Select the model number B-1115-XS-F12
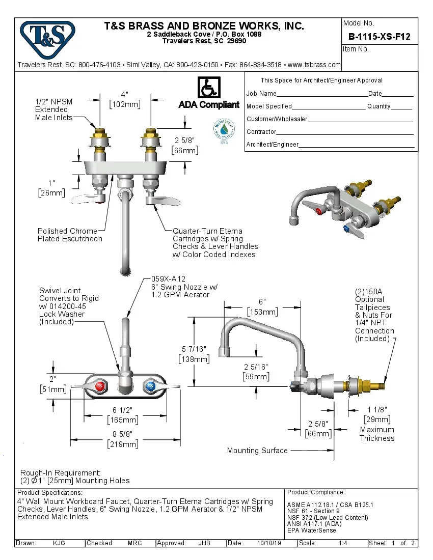[x=379, y=37]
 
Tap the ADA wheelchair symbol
[x=208, y=88]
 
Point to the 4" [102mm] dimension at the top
[x=124, y=99]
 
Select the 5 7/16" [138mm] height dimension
[x=194, y=354]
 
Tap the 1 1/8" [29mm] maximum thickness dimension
[x=377, y=414]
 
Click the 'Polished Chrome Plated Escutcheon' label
[x=70, y=235]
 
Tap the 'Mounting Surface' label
[x=257, y=451]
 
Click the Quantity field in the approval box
[x=401, y=106]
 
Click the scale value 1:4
[x=343, y=543]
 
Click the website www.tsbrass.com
[x=314, y=65]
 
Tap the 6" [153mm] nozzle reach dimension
[x=262, y=306]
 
